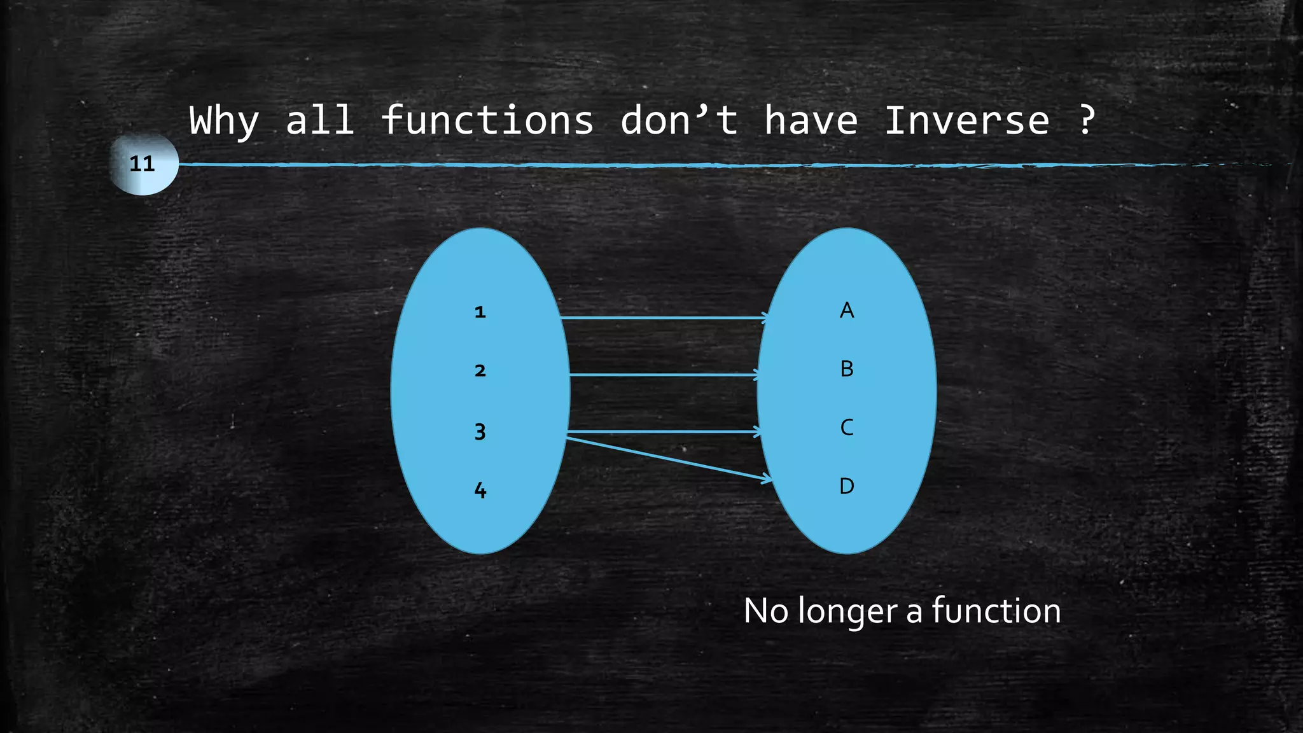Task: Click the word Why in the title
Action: pos(224,121)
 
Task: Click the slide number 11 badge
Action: pos(143,164)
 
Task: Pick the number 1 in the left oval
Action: pos(480,312)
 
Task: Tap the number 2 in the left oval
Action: pos(480,371)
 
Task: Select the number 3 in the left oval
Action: pos(480,432)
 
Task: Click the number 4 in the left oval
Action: pos(480,490)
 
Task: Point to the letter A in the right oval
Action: pos(847,311)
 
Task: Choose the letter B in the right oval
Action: pos(847,369)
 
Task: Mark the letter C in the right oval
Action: pos(847,428)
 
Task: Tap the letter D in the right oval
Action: pos(847,486)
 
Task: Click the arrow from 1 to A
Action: pos(662,317)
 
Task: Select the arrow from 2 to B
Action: pos(662,375)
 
